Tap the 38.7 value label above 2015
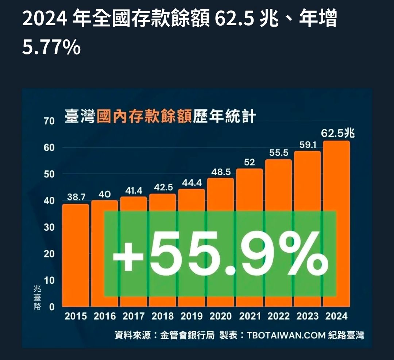[76, 197]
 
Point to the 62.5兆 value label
[338, 134]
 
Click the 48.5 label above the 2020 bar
[221, 172]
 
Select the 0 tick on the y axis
[51, 307]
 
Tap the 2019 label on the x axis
[192, 317]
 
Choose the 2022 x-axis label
[279, 317]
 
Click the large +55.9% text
[220, 253]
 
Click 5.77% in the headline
[51, 48]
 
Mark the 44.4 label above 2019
[192, 182]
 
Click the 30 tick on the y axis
[49, 227]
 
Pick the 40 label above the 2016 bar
[104, 195]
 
